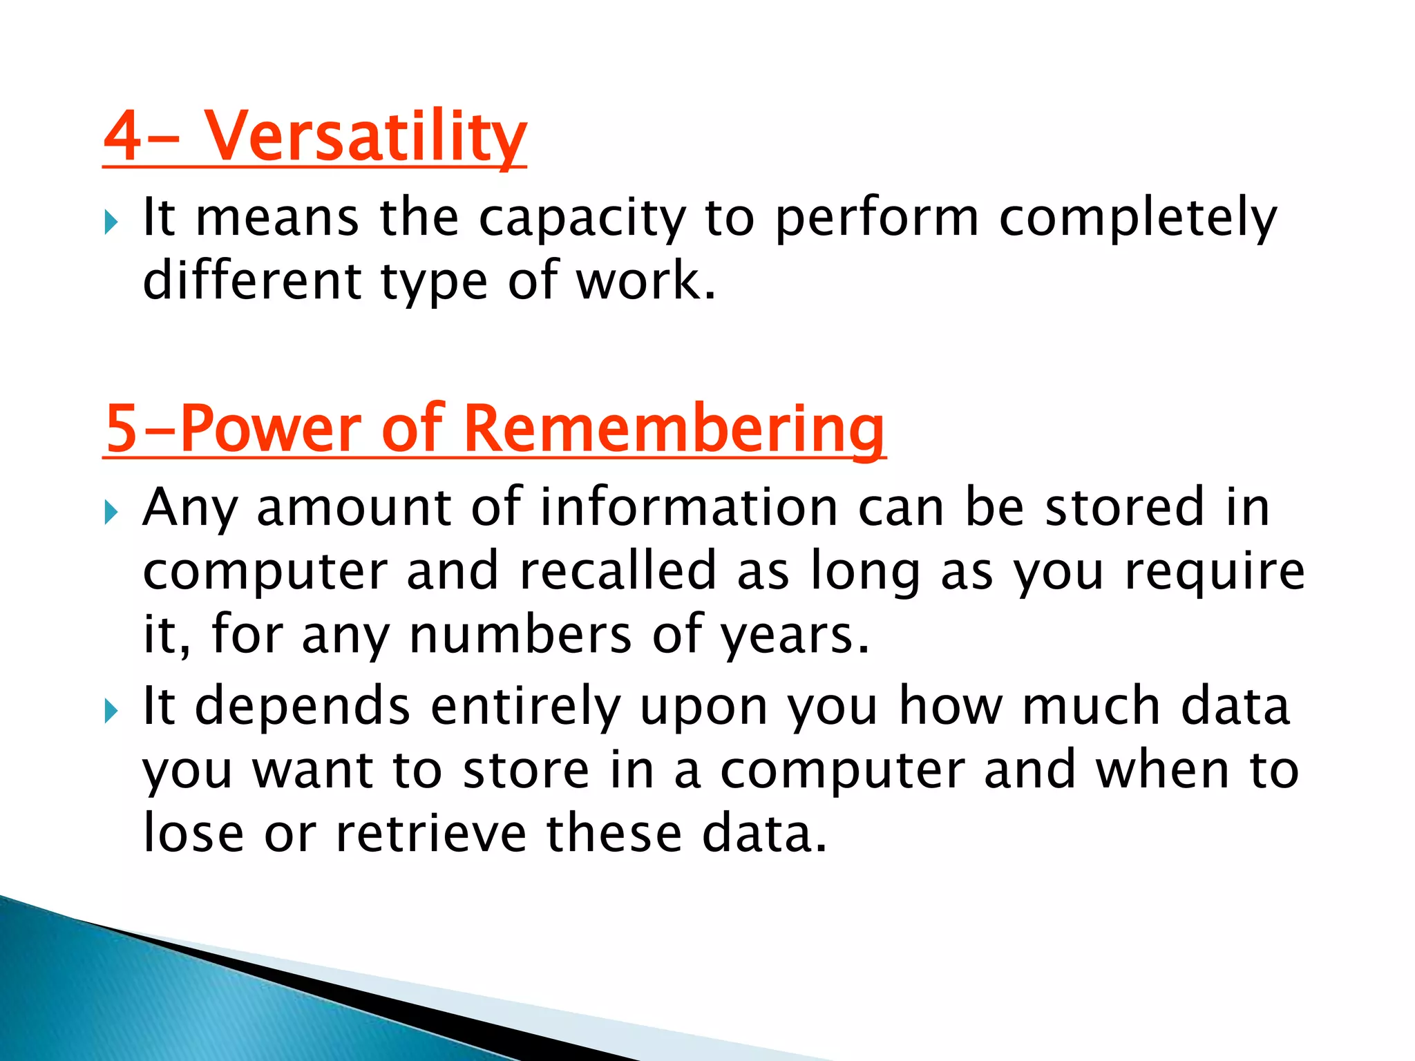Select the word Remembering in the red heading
674,429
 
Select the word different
251,281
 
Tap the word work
645,281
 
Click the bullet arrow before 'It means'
111,223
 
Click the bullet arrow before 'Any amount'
111,513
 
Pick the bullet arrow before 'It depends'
111,711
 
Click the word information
689,508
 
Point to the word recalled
617,571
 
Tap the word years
795,635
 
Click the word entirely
525,707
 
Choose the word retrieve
431,834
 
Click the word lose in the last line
193,834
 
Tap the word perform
877,218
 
